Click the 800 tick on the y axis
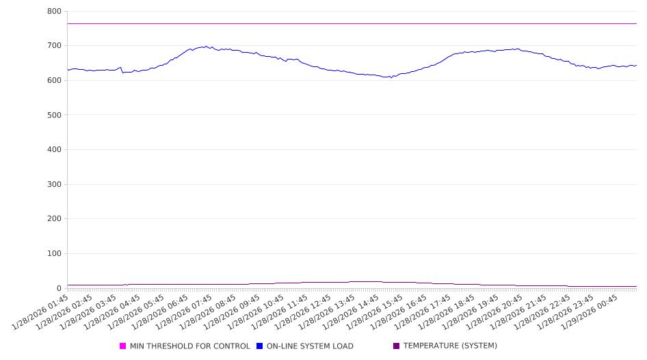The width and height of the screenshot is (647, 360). (x=54, y=12)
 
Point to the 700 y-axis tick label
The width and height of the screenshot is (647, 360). (x=54, y=46)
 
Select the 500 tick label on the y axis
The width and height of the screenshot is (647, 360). (x=54, y=115)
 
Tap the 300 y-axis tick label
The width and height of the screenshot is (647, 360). (x=54, y=184)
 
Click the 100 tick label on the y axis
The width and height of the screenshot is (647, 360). (x=54, y=254)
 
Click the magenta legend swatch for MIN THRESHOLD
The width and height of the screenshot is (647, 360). (x=123, y=346)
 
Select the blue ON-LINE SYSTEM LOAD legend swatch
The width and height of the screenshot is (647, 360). (x=260, y=346)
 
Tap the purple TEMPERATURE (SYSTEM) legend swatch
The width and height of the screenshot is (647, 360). (x=397, y=346)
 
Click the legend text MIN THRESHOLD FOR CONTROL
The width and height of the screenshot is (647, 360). (x=189, y=346)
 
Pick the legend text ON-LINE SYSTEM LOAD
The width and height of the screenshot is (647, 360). (x=310, y=346)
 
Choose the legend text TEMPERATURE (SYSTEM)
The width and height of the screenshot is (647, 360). (x=450, y=346)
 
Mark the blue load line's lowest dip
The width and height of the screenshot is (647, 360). (x=391, y=77)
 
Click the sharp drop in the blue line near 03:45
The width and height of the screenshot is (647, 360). (x=122, y=70)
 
